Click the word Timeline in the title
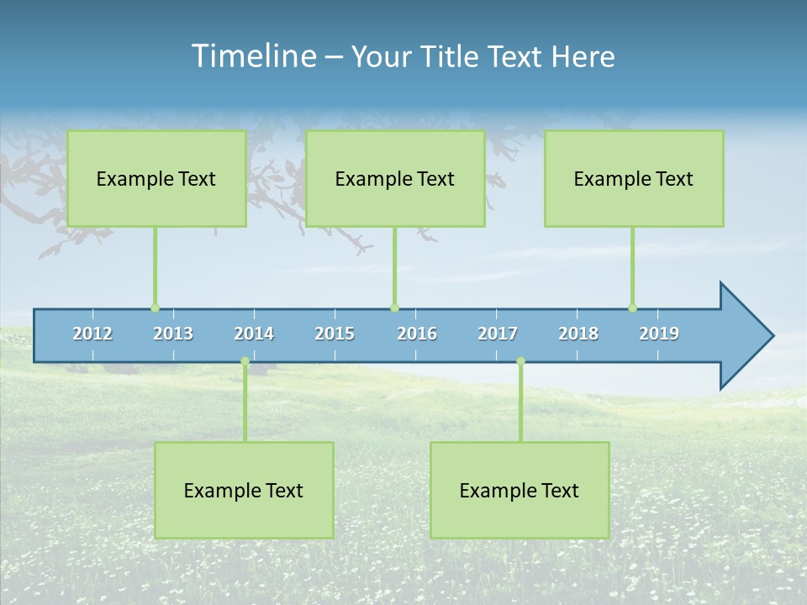pyautogui.click(x=253, y=56)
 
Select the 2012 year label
pyautogui.click(x=92, y=334)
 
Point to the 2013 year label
pyautogui.click(x=173, y=334)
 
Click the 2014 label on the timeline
pyautogui.click(x=254, y=334)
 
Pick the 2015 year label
pyautogui.click(x=335, y=334)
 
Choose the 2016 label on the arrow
pyautogui.click(x=417, y=334)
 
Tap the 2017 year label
pyautogui.click(x=498, y=334)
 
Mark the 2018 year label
pyautogui.click(x=578, y=334)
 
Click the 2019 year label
pyautogui.click(x=659, y=334)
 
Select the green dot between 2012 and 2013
pyautogui.click(x=155, y=308)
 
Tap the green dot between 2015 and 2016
pyautogui.click(x=394, y=308)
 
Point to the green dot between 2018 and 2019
pyautogui.click(x=632, y=308)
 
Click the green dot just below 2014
pyautogui.click(x=245, y=361)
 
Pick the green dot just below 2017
pyautogui.click(x=520, y=361)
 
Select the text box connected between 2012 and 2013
pyautogui.click(x=156, y=178)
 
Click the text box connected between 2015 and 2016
pyautogui.click(x=395, y=178)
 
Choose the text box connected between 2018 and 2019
pyautogui.click(x=634, y=178)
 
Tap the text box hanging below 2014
pyautogui.click(x=244, y=490)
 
